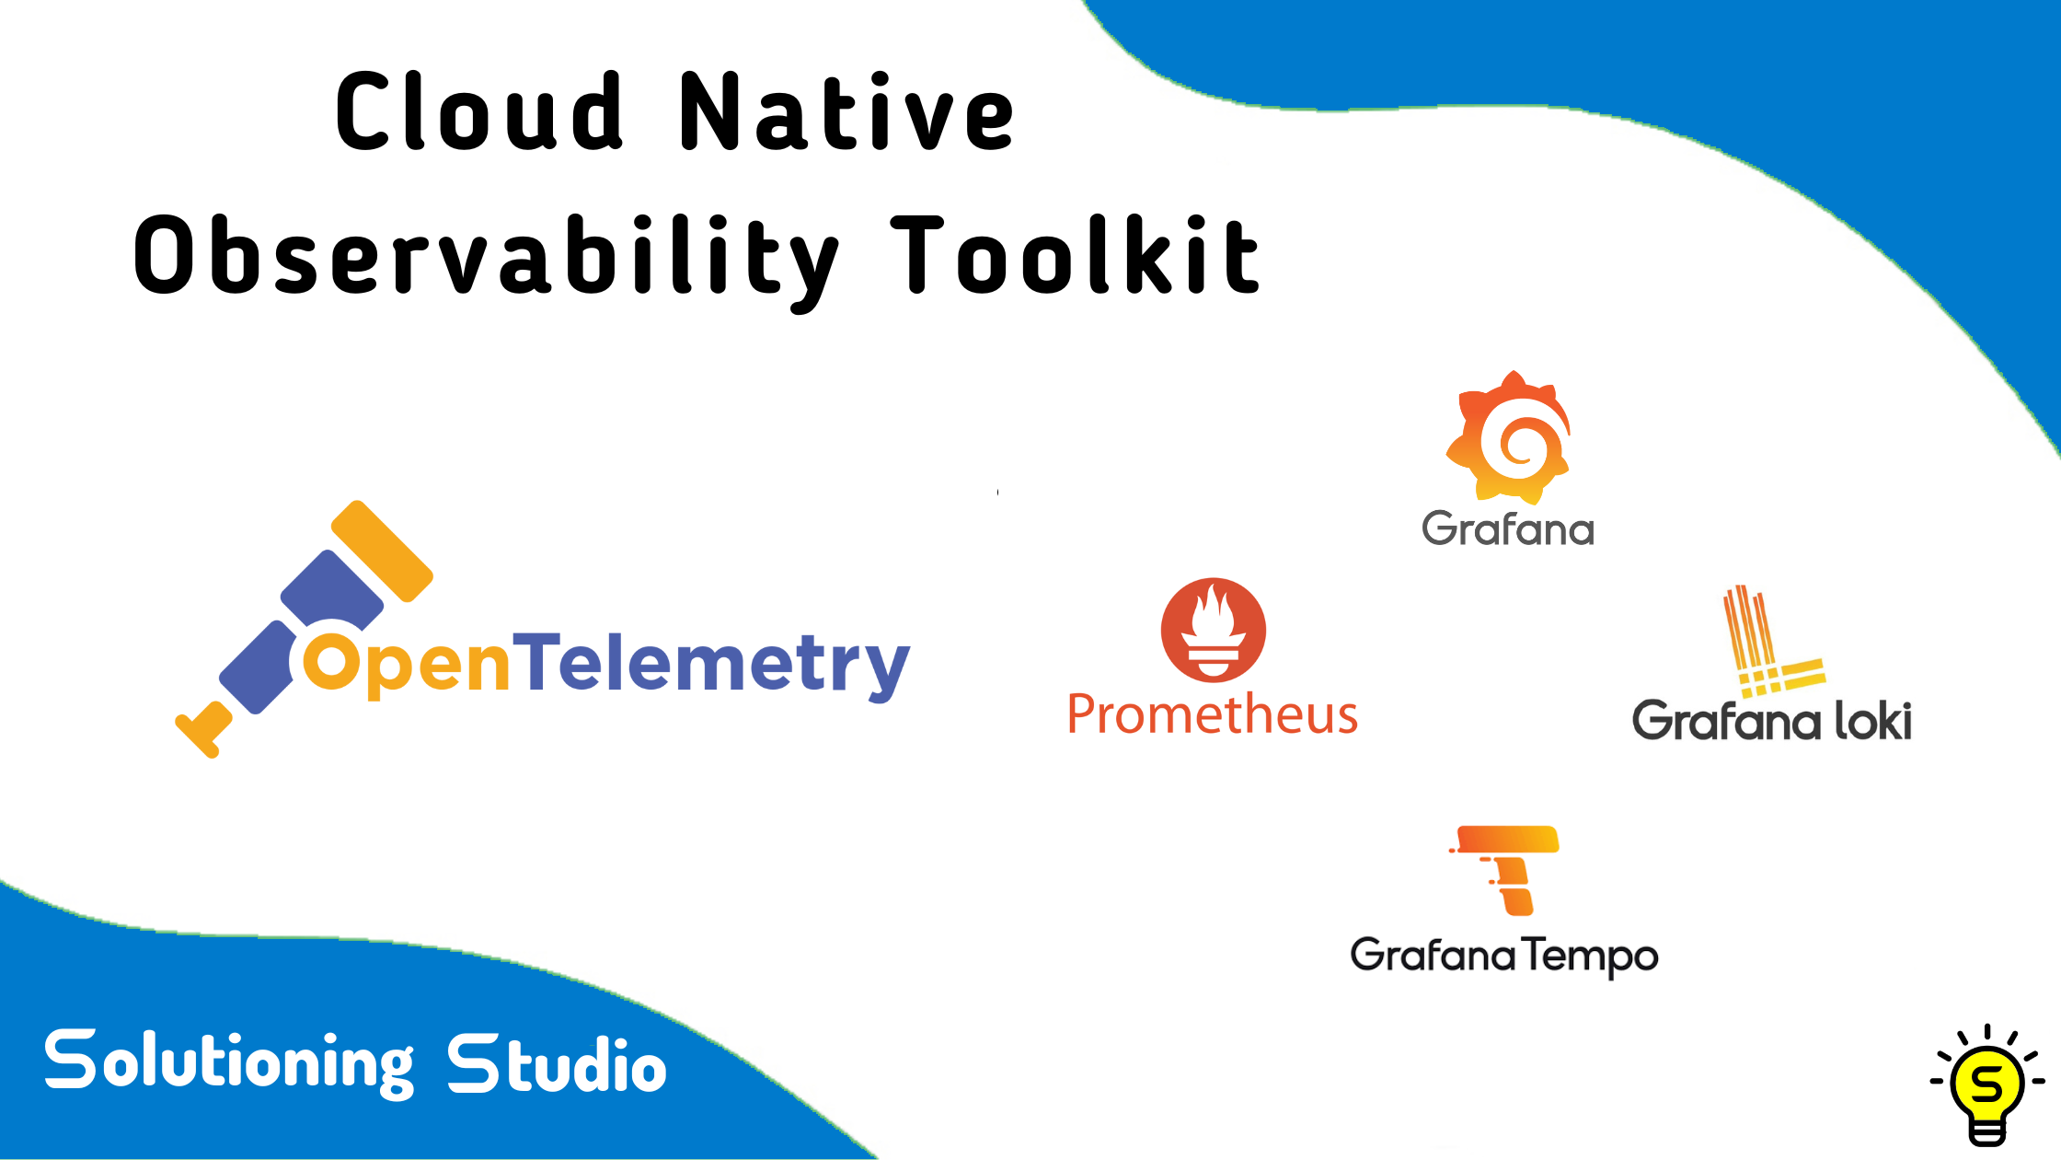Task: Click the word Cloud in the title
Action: click(479, 112)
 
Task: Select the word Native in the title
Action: click(846, 112)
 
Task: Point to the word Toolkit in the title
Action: click(1075, 256)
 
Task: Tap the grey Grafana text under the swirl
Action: click(1508, 529)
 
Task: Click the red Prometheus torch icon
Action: click(1213, 630)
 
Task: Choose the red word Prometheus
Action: click(1212, 714)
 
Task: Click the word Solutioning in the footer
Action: click(229, 1062)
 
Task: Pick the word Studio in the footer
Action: click(557, 1064)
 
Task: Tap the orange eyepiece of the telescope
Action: click(382, 551)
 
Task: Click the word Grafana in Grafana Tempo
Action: click(1432, 955)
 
